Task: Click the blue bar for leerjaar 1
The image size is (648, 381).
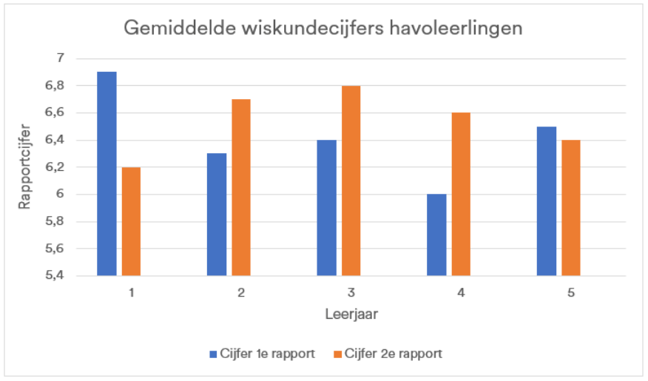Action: pyautogui.click(x=107, y=174)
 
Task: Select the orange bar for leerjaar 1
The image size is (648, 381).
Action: pyautogui.click(x=131, y=221)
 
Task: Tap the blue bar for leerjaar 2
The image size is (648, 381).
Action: pyautogui.click(x=217, y=215)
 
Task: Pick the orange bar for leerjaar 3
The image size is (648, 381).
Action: pyautogui.click(x=351, y=181)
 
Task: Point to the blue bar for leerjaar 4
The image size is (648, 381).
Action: pyautogui.click(x=436, y=235)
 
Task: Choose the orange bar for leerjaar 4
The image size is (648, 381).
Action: pyautogui.click(x=461, y=195)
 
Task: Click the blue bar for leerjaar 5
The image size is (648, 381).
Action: pyautogui.click(x=547, y=201)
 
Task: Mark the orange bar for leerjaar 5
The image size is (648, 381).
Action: pyautogui.click(x=571, y=208)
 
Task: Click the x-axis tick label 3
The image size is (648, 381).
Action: pyautogui.click(x=351, y=293)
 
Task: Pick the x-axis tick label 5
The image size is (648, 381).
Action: pyautogui.click(x=571, y=293)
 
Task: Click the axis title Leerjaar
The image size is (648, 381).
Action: pyautogui.click(x=351, y=314)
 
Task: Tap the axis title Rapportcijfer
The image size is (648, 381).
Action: pyautogui.click(x=25, y=167)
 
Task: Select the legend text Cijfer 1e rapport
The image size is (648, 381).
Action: pyautogui.click(x=267, y=354)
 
